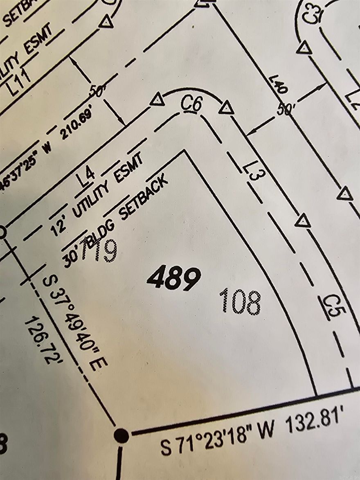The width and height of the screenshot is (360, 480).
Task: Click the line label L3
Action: tap(254, 173)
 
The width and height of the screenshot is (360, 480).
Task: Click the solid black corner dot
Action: tap(121, 435)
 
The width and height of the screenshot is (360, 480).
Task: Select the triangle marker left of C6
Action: tap(157, 99)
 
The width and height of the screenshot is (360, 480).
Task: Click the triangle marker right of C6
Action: tap(226, 108)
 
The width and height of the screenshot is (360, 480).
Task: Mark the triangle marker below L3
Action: tap(303, 221)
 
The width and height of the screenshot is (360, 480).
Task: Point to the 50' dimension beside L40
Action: tap(286, 110)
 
